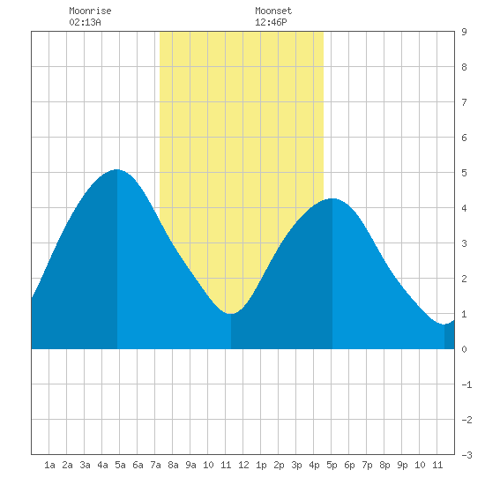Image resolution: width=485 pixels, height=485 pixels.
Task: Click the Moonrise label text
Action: [90, 11]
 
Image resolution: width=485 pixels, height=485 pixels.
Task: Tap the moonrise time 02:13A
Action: [85, 22]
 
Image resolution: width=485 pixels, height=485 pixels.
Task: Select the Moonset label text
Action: [273, 11]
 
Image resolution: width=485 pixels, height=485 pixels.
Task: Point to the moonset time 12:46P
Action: [271, 22]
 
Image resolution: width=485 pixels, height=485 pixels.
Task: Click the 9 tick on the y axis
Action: [464, 32]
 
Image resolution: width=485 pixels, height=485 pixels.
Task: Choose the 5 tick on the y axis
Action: [464, 173]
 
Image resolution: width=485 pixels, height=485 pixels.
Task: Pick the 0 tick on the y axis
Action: [464, 349]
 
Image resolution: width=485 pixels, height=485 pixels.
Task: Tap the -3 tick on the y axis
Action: [466, 455]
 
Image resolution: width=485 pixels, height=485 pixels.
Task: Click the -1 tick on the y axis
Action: [466, 384]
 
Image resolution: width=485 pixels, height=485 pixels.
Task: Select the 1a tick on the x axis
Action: [49, 465]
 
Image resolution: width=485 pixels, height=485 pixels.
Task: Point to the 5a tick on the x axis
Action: [120, 465]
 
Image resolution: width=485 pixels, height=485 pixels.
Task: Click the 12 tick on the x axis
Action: [243, 465]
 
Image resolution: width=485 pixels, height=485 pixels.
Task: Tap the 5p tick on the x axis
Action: [332, 465]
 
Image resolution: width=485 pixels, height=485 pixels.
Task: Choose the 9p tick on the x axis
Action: [402, 465]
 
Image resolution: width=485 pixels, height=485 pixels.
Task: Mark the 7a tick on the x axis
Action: [155, 465]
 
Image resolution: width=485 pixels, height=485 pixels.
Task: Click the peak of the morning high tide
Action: [117, 169]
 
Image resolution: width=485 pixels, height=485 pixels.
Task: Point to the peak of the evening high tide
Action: [332, 198]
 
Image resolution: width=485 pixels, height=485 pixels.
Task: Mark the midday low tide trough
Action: [231, 314]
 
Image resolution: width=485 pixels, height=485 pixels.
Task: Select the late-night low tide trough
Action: [444, 325]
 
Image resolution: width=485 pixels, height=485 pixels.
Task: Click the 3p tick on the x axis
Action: [296, 465]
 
